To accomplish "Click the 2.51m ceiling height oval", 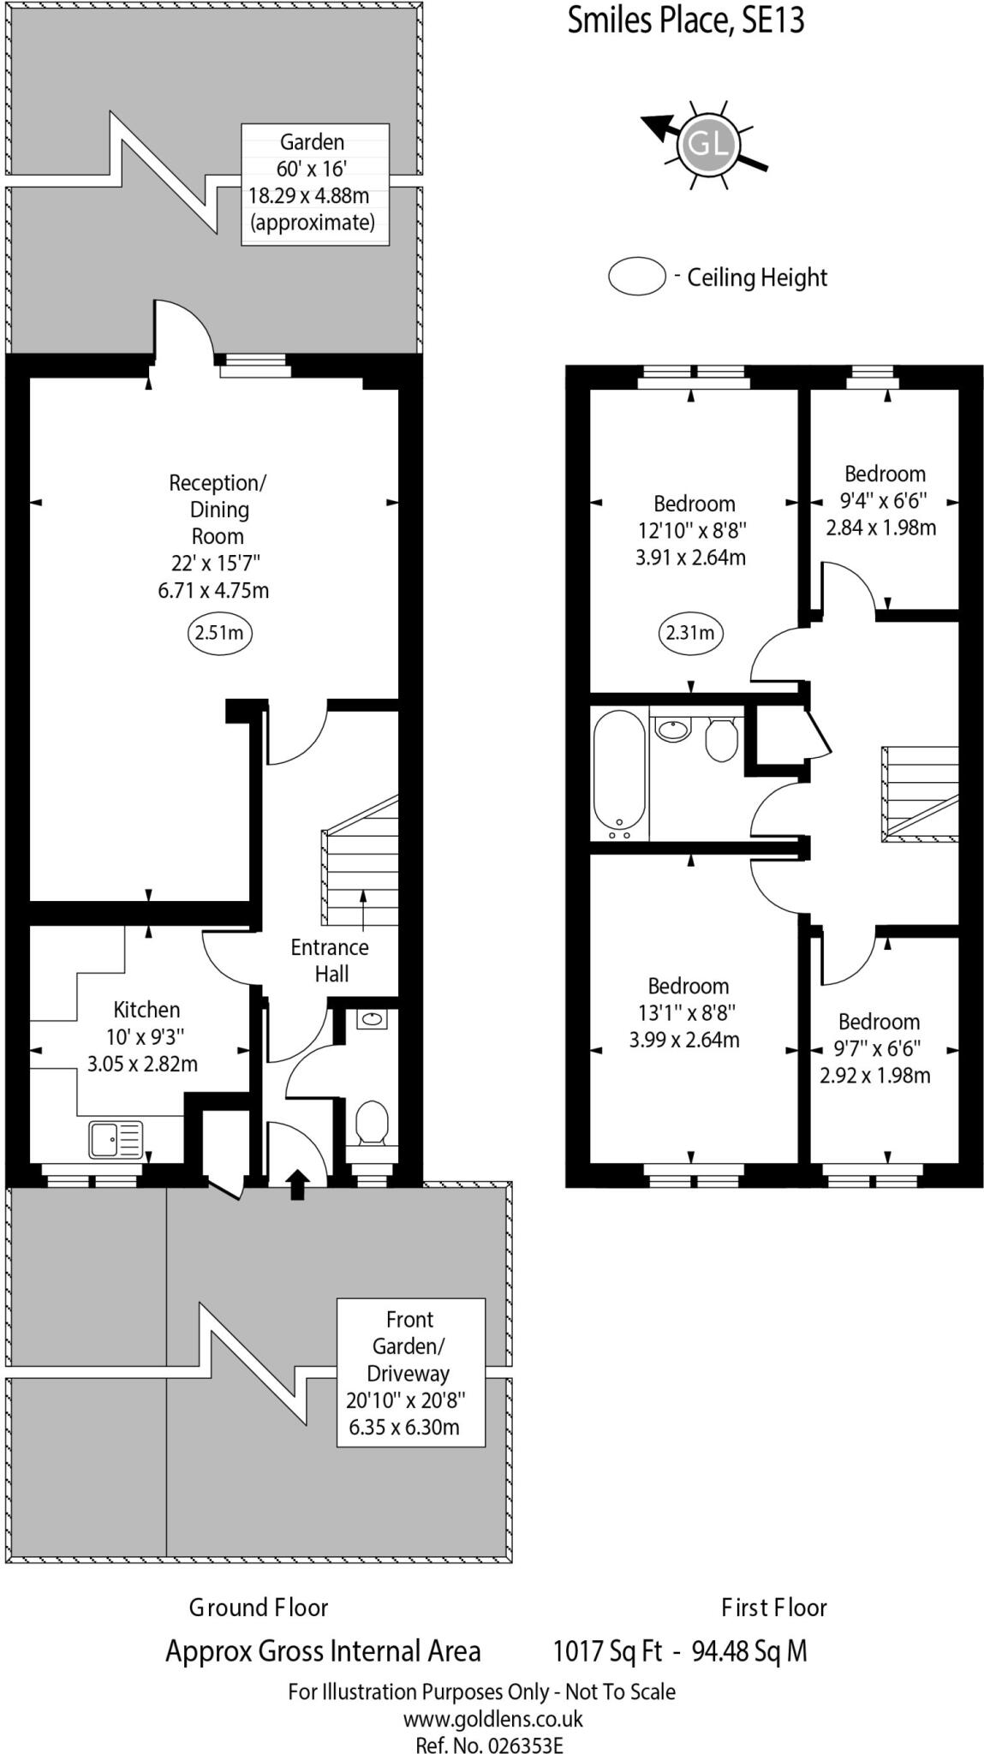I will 219,634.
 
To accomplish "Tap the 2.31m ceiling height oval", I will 690,634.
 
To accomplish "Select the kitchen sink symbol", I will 116,1140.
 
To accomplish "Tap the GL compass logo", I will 708,145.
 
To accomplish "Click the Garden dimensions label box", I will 314,184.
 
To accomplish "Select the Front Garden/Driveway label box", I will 410,1373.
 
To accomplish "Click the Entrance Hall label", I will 330,960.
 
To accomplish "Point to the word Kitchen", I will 146,1009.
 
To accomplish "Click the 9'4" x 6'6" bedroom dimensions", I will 884,501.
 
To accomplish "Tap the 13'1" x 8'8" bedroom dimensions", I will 687,1013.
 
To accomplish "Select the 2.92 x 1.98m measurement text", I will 874,1076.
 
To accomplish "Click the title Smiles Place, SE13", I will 686,21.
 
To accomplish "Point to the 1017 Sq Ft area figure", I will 608,1650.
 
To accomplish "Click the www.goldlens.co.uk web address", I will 492,1718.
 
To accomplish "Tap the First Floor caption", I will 773,1608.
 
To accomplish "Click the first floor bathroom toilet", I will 721,738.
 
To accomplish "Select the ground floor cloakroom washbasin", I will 372,1019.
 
